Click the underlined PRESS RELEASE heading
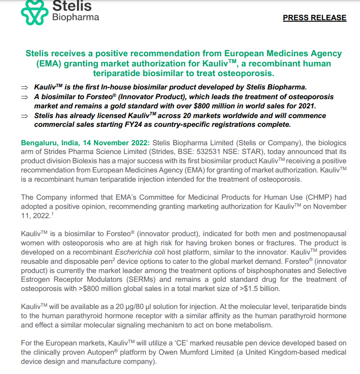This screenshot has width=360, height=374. pyautogui.click(x=314, y=18)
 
